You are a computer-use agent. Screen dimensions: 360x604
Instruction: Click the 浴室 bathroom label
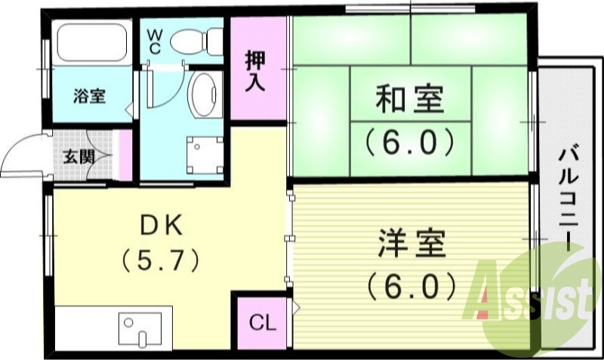(x=89, y=96)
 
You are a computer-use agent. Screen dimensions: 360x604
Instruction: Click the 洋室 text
(x=411, y=245)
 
